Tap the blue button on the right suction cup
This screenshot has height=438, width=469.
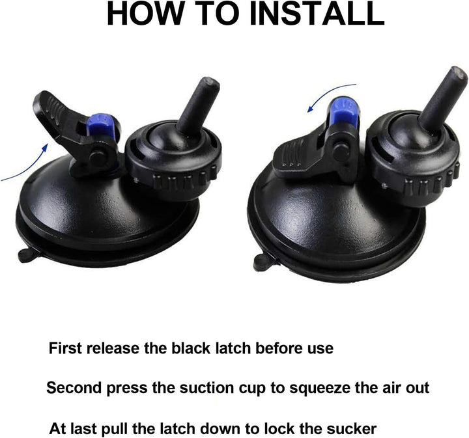click(342, 108)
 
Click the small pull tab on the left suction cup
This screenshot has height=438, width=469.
click(25, 254)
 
